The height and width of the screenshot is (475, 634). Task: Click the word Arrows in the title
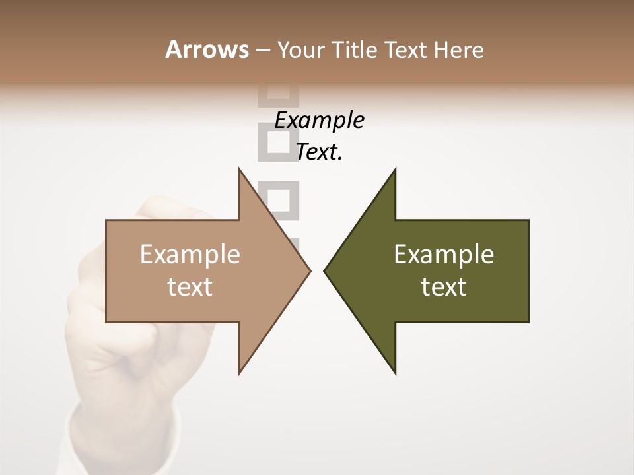[207, 49]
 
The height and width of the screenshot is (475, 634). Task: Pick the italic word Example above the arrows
[319, 120]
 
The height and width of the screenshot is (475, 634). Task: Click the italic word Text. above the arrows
[319, 152]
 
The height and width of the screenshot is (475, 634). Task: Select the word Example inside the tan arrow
[190, 255]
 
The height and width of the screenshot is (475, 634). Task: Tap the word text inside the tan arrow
[190, 286]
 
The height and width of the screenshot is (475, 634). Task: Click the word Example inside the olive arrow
[444, 255]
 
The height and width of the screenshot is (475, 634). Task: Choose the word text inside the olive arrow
[444, 286]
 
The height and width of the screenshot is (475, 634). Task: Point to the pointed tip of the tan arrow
[310, 270]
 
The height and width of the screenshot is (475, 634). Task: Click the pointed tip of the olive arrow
[324, 270]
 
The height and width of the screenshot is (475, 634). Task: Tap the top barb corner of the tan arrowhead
[239, 169]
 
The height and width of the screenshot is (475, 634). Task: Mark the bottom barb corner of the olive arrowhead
[395, 373]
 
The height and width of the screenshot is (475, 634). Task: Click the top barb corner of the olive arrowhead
[395, 169]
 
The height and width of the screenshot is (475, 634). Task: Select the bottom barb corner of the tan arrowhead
[239, 373]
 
